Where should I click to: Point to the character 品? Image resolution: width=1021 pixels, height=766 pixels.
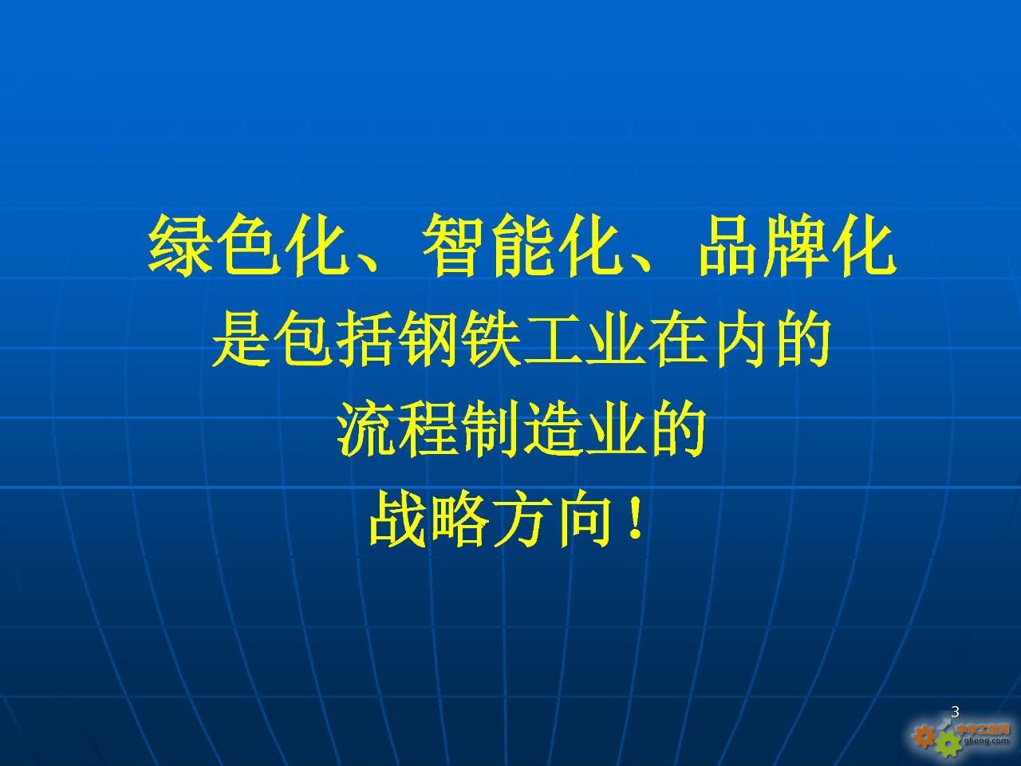point(727,246)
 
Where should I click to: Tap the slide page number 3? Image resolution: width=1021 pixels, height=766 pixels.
point(956,712)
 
